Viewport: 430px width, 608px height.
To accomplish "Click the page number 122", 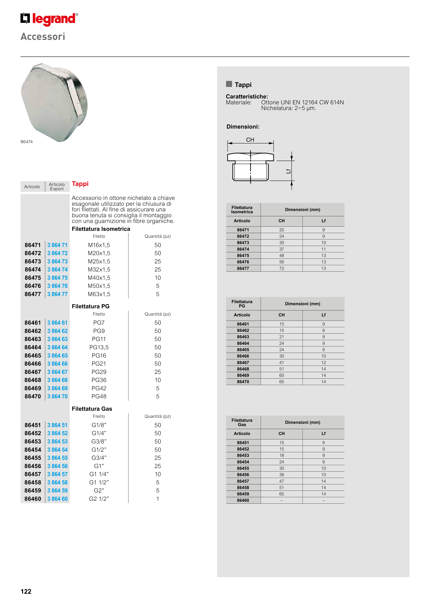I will click(x=26, y=591).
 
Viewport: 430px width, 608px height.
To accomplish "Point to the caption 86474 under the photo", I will click(x=27, y=142).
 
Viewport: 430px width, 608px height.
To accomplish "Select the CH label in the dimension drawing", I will click(x=250, y=140).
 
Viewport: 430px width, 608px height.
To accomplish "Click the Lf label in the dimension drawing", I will click(x=288, y=171).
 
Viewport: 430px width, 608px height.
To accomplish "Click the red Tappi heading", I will click(x=80, y=184).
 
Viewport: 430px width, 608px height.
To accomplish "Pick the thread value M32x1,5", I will click(x=99, y=270).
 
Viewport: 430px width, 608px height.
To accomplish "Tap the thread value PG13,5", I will click(x=99, y=347).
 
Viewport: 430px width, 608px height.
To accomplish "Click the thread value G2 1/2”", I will click(x=99, y=499).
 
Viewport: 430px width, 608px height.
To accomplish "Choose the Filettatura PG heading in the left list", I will click(x=91, y=306).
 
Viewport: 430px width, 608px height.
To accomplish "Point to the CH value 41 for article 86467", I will click(x=281, y=363).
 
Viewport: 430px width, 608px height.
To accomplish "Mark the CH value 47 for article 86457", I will click(x=281, y=481).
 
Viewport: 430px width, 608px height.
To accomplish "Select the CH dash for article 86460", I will click(x=281, y=500).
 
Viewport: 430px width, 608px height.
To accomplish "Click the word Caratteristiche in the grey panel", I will click(x=247, y=96).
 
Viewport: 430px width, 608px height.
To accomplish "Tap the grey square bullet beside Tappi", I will click(x=229, y=84).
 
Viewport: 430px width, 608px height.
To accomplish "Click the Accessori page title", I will click(x=43, y=36).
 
